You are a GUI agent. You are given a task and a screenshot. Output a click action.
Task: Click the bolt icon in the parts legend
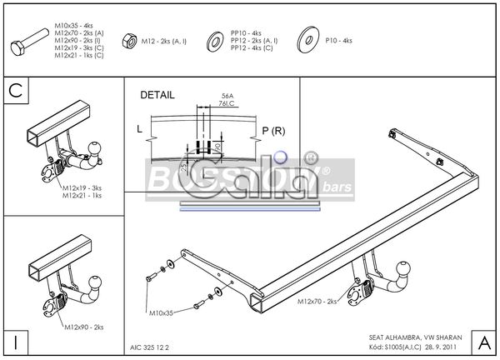coord(31,39)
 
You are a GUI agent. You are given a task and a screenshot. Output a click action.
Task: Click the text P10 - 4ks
coord(338,40)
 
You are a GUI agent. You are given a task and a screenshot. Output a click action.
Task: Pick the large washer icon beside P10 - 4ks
coord(307,39)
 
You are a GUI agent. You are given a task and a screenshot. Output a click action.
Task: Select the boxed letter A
coord(482,342)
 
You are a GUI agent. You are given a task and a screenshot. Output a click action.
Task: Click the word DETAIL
coord(157,95)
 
